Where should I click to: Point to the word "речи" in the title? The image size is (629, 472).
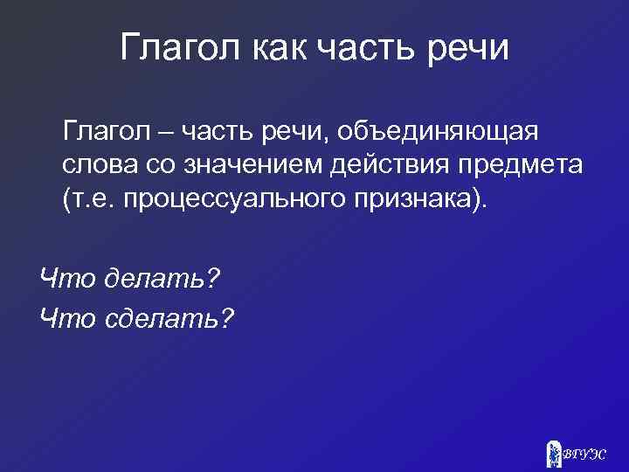point(467,49)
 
